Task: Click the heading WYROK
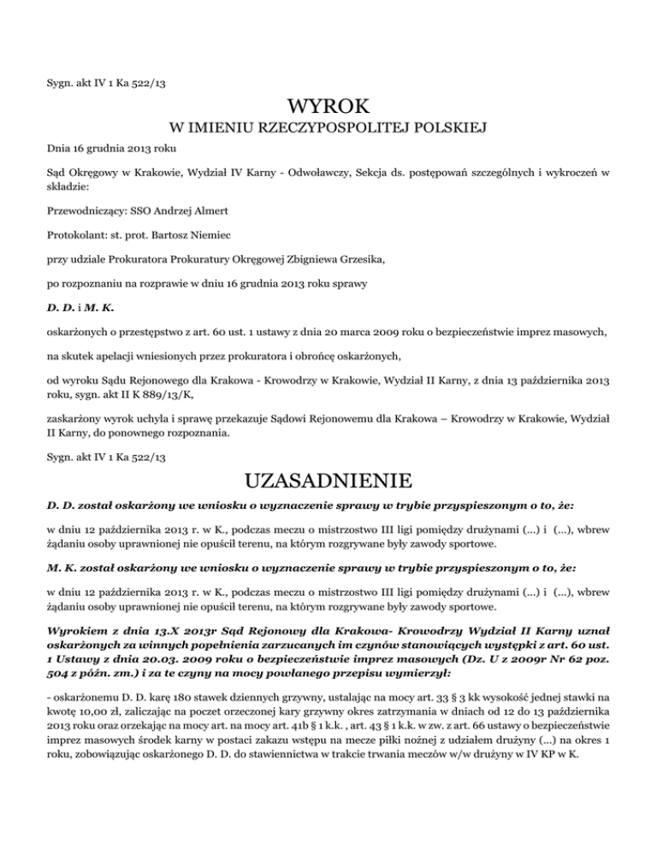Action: pyautogui.click(x=328, y=109)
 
